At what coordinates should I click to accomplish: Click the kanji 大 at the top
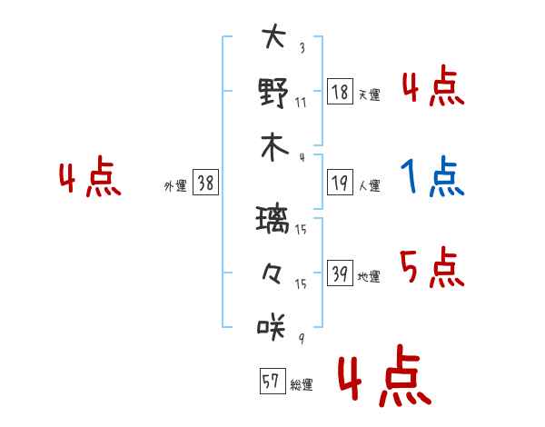click(x=273, y=35)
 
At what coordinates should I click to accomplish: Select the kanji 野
click(x=273, y=92)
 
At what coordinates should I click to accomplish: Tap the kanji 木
click(x=274, y=147)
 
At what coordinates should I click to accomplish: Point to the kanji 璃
click(x=272, y=219)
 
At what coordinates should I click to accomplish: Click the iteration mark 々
click(x=272, y=273)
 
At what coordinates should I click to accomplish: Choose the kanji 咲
click(x=272, y=326)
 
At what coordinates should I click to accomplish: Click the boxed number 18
click(x=340, y=92)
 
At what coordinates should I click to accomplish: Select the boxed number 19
click(x=340, y=183)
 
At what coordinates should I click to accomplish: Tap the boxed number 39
click(x=340, y=273)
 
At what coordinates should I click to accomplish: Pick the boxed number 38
click(x=205, y=183)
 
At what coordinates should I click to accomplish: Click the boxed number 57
click(x=272, y=381)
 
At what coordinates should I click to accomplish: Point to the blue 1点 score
click(x=432, y=176)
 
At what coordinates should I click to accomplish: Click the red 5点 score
click(x=432, y=267)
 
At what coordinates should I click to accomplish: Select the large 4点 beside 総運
click(x=385, y=376)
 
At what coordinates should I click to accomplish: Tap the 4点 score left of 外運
click(x=90, y=176)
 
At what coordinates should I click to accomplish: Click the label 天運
click(x=370, y=94)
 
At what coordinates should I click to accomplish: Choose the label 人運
click(x=370, y=185)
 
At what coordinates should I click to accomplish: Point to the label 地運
click(x=369, y=276)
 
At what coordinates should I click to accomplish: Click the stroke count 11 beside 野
click(x=301, y=103)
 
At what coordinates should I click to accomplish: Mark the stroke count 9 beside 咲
click(x=302, y=338)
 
